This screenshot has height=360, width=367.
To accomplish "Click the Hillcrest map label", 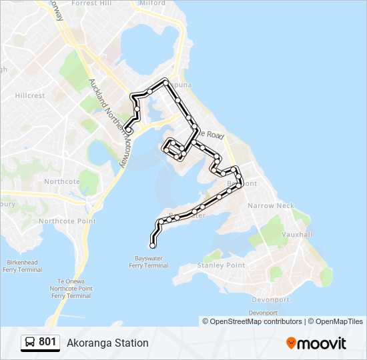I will pyautogui.click(x=29, y=95).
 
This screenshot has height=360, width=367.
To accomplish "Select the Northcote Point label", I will pyautogui.click(x=67, y=221).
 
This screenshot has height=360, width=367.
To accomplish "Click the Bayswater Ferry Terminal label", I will pyautogui.click(x=149, y=261).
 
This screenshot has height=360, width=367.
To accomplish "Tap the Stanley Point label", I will pyautogui.click(x=222, y=265).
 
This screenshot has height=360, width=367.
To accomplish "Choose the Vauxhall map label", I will pyautogui.click(x=297, y=235).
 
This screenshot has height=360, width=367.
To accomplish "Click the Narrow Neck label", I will pyautogui.click(x=270, y=206).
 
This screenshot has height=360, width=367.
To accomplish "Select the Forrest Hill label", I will pyautogui.click(x=92, y=3).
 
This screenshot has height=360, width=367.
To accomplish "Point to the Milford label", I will pyautogui.click(x=153, y=3).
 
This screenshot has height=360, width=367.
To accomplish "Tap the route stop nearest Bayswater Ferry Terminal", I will pyautogui.click(x=153, y=246).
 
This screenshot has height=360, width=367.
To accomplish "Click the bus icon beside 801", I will pyautogui.click(x=30, y=343).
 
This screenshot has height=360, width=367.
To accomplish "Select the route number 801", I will pyautogui.click(x=47, y=342).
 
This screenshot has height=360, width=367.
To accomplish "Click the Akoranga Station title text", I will pyautogui.click(x=107, y=343).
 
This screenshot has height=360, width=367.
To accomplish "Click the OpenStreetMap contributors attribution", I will pyautogui.click(x=256, y=321).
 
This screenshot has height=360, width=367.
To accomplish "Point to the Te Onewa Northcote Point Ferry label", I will pyautogui.click(x=70, y=289).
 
